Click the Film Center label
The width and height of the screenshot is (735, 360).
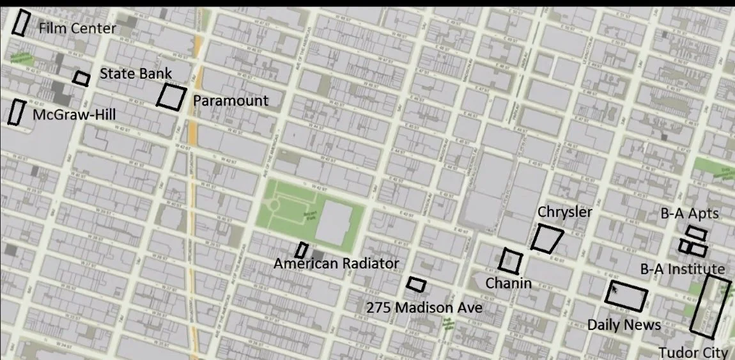[x=77, y=29]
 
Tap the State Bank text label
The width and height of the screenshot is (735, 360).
[x=135, y=74]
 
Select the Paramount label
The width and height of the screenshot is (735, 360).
[x=231, y=101]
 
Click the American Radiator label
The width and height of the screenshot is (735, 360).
[x=336, y=263]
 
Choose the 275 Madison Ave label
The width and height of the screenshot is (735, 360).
[x=424, y=308]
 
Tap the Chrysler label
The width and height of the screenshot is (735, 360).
[x=565, y=212]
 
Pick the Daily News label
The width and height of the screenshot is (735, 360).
[x=624, y=325]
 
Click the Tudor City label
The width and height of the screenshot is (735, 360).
[x=693, y=352]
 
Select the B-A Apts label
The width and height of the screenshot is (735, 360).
[x=690, y=214]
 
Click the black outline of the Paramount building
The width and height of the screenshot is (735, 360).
[x=171, y=97]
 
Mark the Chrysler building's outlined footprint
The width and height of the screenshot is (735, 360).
[x=547, y=238]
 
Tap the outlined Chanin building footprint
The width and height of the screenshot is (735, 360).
[x=511, y=260]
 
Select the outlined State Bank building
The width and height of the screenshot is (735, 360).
[x=81, y=78]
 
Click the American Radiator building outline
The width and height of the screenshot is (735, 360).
[x=302, y=250]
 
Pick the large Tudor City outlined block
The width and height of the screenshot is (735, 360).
[x=711, y=306]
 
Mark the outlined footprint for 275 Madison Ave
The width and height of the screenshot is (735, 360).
[x=416, y=284]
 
